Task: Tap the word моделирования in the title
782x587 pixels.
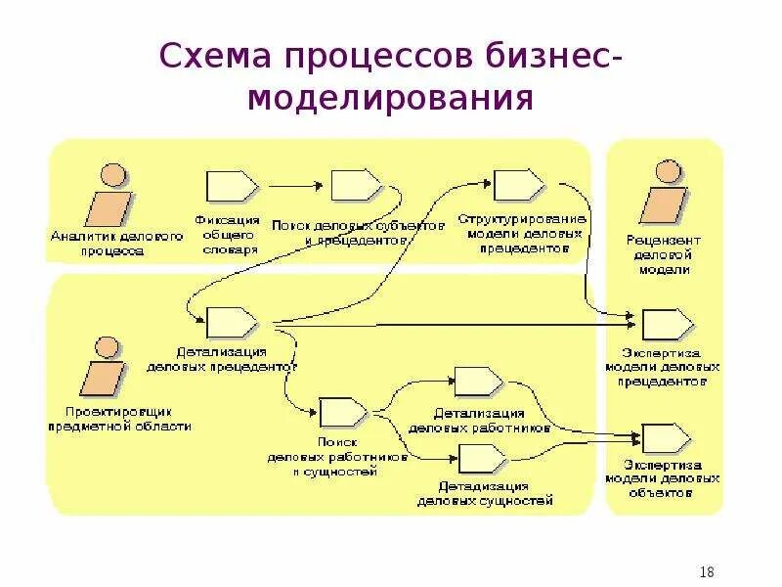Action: (390, 99)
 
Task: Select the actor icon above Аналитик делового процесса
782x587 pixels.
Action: (109, 196)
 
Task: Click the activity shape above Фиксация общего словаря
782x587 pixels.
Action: (231, 184)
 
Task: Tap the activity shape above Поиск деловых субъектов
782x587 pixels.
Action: (356, 184)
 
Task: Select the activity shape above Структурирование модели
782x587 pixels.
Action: (518, 184)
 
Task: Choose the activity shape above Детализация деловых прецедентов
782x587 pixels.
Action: (231, 321)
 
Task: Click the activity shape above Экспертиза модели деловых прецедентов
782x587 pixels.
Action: (667, 323)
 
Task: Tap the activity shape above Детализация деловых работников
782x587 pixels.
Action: (479, 382)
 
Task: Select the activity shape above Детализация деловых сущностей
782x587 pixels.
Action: (481, 457)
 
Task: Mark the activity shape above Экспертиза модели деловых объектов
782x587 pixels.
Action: (667, 438)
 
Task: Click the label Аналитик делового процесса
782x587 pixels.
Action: (109, 244)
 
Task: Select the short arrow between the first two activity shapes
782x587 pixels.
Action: (294, 184)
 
